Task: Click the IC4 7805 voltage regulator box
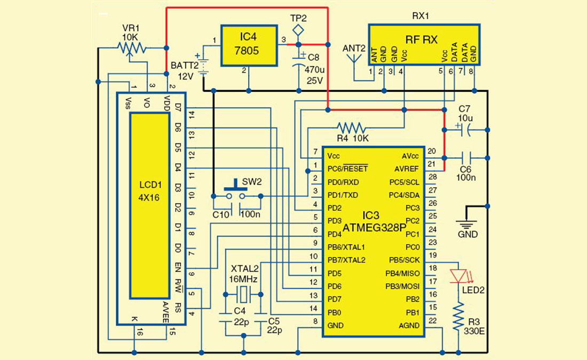click(x=249, y=45)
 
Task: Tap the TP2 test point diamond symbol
click(x=299, y=28)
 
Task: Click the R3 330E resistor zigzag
click(x=458, y=317)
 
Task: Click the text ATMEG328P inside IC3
click(x=373, y=228)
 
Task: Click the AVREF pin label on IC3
click(x=407, y=169)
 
